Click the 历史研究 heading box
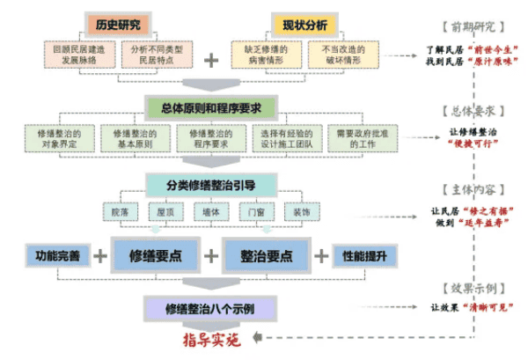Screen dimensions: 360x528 point(119,21)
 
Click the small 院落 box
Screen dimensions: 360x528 point(119,212)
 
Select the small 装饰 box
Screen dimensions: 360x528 point(302,212)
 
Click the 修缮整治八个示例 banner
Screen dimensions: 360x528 point(211,307)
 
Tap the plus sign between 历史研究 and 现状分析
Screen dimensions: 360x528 point(210,60)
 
